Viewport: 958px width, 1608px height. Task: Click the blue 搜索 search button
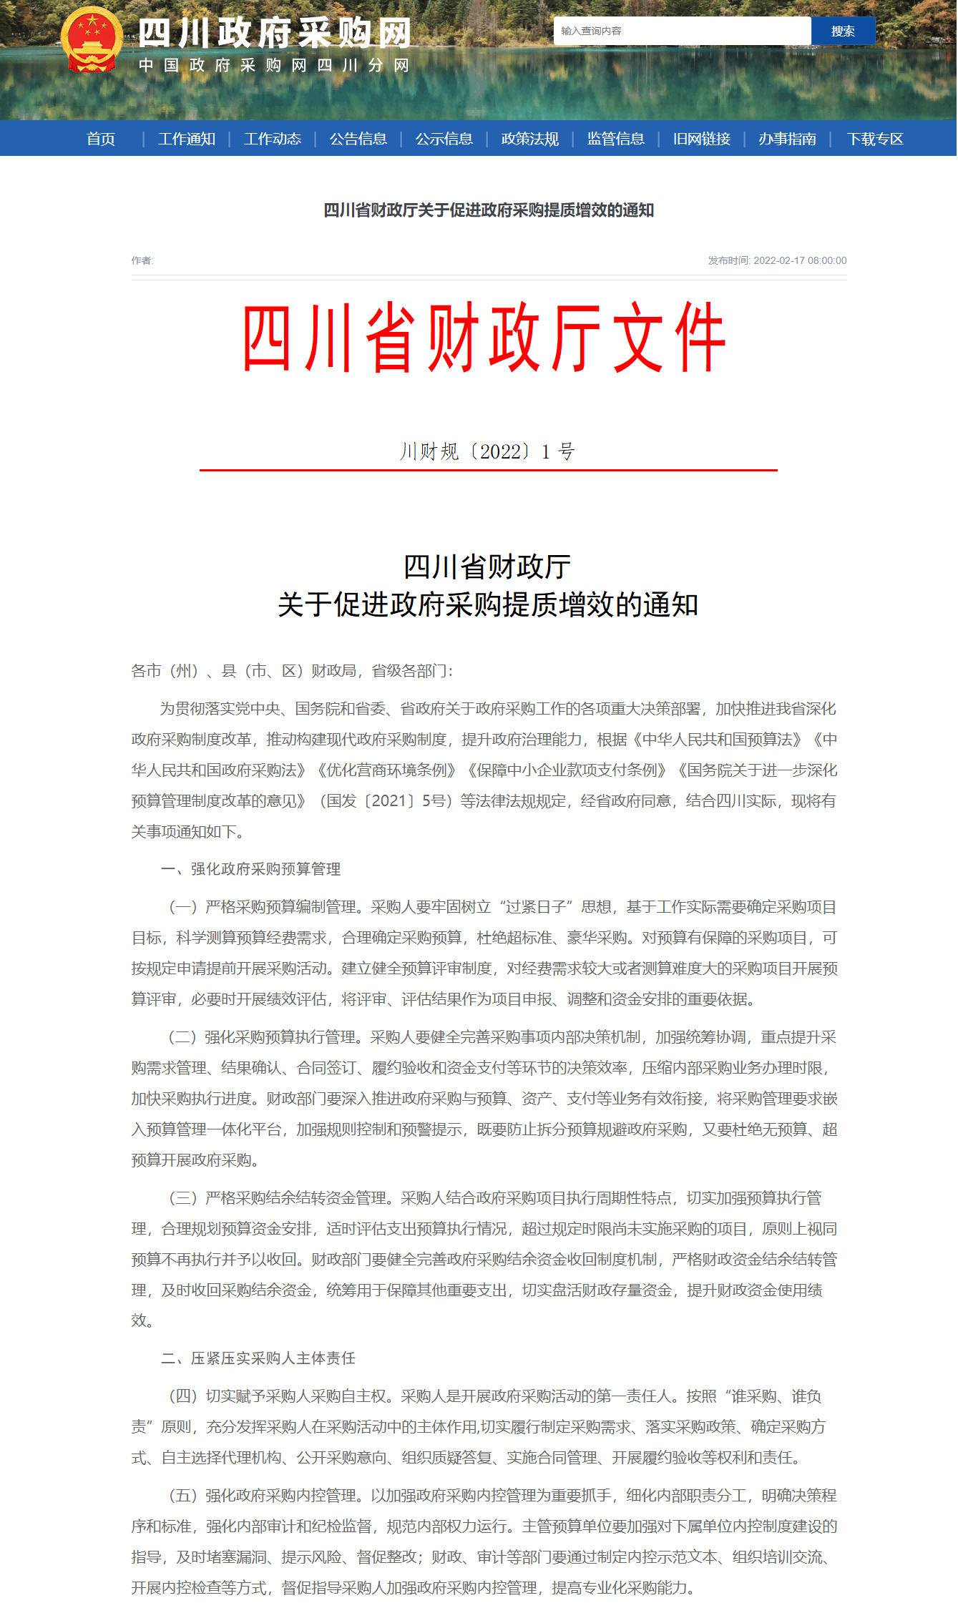tap(843, 31)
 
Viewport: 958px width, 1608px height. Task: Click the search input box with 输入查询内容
tap(682, 31)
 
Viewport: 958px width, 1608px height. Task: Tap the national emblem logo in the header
tap(92, 40)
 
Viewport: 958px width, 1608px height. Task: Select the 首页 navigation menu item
tap(101, 139)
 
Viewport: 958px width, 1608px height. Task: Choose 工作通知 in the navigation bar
tap(187, 139)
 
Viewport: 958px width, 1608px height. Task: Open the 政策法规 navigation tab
tap(530, 139)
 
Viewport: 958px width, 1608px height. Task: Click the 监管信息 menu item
tap(616, 139)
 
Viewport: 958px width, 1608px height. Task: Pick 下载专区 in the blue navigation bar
tap(875, 139)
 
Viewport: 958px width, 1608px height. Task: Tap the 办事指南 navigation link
tap(788, 139)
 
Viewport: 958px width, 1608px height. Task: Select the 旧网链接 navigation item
tap(702, 139)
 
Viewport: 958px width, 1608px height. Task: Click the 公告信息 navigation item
tap(358, 139)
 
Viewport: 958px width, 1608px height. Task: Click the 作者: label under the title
tap(142, 260)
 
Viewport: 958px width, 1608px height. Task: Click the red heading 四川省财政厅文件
tap(484, 338)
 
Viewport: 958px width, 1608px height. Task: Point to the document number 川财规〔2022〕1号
tap(487, 451)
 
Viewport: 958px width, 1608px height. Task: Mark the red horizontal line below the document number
tap(489, 470)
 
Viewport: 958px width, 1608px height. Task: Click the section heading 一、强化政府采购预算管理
tap(251, 869)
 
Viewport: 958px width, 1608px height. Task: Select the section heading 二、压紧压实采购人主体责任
tap(258, 1358)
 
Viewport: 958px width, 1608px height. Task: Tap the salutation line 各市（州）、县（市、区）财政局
tap(292, 671)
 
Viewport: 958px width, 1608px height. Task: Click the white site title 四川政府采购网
tap(275, 34)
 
